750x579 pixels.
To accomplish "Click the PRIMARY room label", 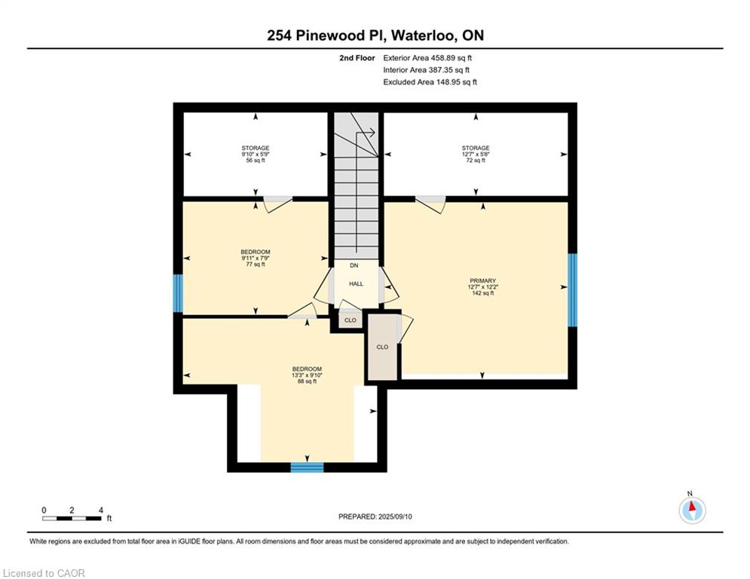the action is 482,281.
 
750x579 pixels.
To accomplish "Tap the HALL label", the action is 356,283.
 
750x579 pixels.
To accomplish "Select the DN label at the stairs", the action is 354,265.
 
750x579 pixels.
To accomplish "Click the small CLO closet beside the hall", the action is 351,320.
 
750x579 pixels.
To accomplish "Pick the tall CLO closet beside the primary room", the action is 382,347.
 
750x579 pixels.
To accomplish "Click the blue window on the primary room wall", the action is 573,290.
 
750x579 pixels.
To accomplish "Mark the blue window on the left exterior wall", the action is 178,293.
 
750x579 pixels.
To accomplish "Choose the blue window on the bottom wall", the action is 307,467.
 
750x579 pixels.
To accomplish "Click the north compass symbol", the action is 692,510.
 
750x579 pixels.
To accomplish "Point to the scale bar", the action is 72,518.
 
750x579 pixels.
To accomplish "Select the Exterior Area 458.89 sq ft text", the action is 427,58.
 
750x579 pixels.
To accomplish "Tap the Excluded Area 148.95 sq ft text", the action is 430,82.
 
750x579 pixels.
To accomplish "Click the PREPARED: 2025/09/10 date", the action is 375,516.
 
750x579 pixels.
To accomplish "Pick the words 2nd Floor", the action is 357,58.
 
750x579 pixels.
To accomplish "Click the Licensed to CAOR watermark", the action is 44,573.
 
